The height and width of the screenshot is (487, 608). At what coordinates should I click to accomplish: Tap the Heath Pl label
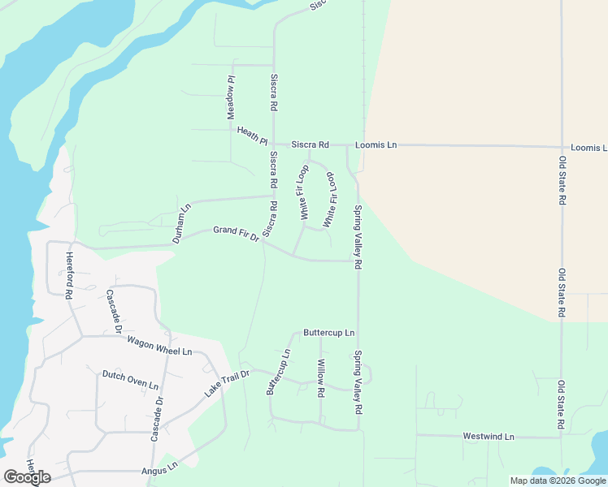tap(252, 136)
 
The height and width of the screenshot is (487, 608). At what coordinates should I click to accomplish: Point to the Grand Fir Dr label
tap(236, 234)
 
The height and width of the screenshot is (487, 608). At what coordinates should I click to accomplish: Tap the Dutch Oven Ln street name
tap(130, 379)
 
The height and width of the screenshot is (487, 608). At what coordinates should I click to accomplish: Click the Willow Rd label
tap(321, 377)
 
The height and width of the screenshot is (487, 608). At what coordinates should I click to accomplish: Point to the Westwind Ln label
tap(489, 436)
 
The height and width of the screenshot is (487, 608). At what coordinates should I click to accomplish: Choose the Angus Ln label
tap(159, 469)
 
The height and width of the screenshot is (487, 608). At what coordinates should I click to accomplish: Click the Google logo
tap(27, 476)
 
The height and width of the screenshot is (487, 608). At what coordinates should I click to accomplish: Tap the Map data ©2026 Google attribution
tap(557, 481)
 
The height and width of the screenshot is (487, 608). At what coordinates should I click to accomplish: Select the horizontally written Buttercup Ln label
tap(328, 333)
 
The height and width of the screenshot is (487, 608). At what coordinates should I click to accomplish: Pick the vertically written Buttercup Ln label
tap(279, 372)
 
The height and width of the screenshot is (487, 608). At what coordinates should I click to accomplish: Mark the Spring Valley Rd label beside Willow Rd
tap(357, 382)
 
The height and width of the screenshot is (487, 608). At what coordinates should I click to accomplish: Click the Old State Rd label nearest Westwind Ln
tap(561, 404)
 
